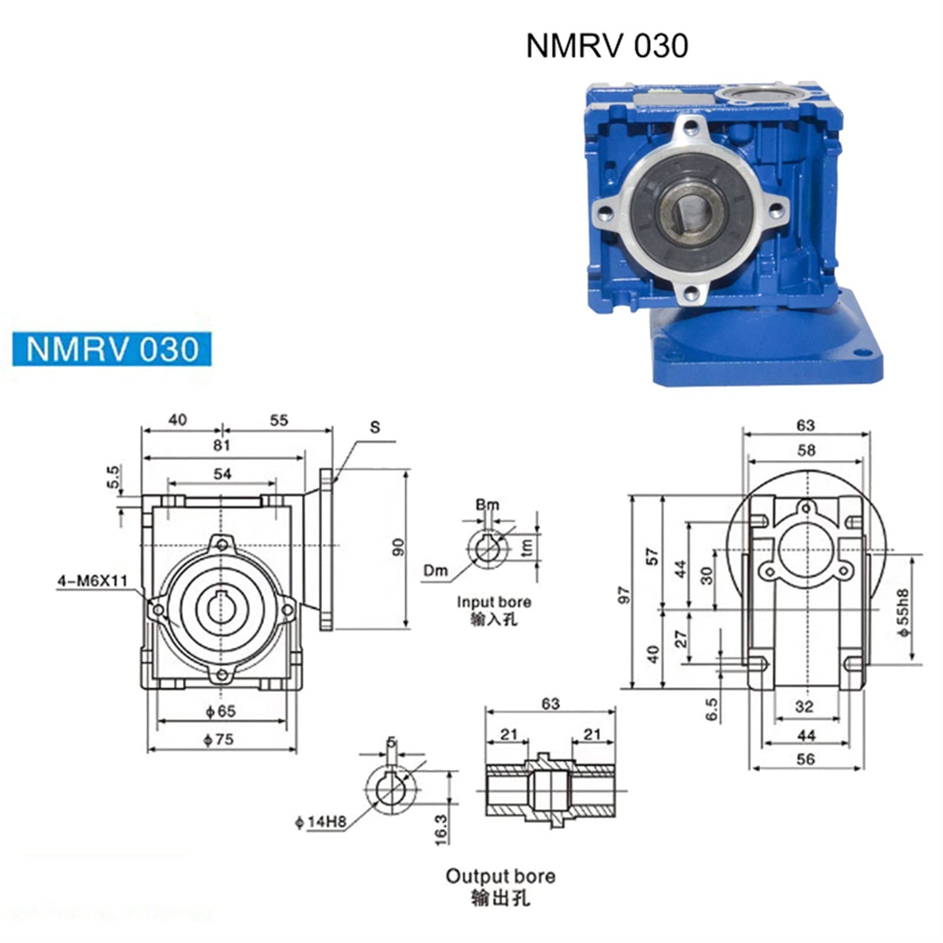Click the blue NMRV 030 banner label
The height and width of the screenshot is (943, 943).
tap(112, 349)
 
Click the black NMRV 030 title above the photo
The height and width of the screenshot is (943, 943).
tap(607, 46)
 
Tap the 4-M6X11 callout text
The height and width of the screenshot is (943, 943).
tap(92, 580)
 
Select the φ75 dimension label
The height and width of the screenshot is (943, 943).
tap(219, 739)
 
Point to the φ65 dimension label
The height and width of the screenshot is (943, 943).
tap(220, 712)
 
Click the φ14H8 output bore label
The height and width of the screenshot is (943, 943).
tap(320, 822)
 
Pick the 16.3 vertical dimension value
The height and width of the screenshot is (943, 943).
tap(441, 830)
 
